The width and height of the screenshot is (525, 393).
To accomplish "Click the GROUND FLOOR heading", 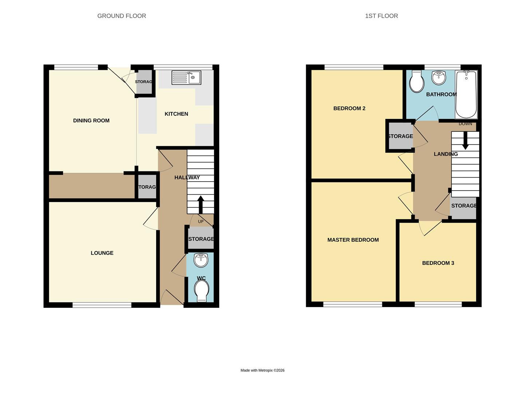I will (x=122, y=16).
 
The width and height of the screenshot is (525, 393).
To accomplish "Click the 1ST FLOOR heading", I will (x=381, y=16).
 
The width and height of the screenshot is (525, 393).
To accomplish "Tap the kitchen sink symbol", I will (x=186, y=78).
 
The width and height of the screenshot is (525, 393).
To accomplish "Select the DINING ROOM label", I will (x=91, y=121).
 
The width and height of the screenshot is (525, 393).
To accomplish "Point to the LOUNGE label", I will (x=102, y=253).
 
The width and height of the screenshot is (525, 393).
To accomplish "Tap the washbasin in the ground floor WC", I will (x=201, y=260).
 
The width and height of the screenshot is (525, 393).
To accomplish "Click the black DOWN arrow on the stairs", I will (x=465, y=140).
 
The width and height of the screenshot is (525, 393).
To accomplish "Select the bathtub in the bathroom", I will (x=466, y=94).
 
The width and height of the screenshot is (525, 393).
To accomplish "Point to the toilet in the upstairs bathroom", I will (x=416, y=82).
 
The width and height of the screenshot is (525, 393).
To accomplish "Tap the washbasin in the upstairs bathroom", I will (x=439, y=77).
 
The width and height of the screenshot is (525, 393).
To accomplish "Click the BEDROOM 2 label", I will (x=349, y=108).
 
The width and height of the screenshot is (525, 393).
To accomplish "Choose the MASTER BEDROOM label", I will (x=353, y=240).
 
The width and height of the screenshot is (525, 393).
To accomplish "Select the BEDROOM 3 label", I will (x=438, y=263).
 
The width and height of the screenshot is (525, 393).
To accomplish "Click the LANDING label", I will (x=446, y=154).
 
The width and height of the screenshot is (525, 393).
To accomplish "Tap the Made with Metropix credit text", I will (x=262, y=370).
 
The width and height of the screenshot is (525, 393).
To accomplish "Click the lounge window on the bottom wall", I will (x=102, y=305).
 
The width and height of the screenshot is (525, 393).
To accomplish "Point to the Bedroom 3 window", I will (x=438, y=304).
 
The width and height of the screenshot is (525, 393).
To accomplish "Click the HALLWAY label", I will (x=187, y=178).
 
